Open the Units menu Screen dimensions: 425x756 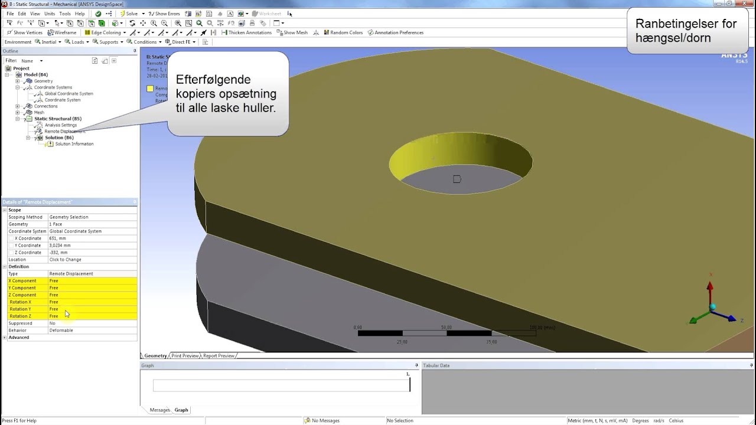(x=50, y=14)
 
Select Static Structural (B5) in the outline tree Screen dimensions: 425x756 (x=57, y=119)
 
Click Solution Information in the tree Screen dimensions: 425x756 (x=74, y=144)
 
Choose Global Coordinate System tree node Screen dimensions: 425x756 (x=69, y=94)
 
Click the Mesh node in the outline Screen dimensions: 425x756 (x=39, y=112)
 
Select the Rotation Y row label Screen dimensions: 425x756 (x=20, y=309)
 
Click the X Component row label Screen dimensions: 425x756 (x=22, y=281)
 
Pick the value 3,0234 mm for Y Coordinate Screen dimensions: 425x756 (x=60, y=246)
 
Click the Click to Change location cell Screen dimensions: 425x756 (x=65, y=260)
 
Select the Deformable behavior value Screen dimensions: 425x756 (x=61, y=331)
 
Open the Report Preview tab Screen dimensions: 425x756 (x=218, y=356)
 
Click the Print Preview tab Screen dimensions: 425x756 (x=185, y=356)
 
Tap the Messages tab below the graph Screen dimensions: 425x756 (x=159, y=410)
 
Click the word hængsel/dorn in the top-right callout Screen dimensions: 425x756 (x=673, y=38)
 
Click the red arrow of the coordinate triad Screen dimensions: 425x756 (x=710, y=289)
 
